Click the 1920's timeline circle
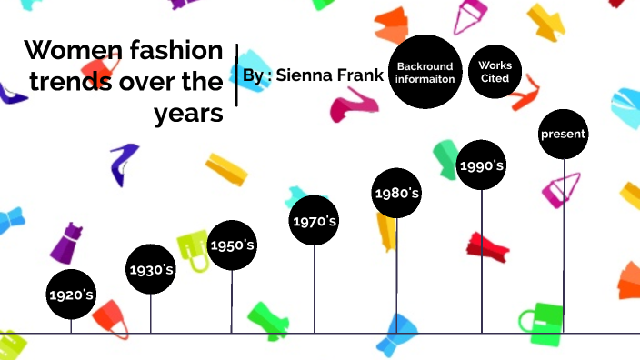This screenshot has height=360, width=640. click(x=71, y=295)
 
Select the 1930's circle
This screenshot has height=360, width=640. click(x=151, y=269)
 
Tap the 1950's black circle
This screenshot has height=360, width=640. click(x=233, y=245)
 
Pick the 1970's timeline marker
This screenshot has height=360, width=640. click(x=315, y=221)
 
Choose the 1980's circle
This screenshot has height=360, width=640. click(x=396, y=193)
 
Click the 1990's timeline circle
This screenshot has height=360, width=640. click(x=481, y=165)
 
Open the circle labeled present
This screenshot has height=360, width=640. click(x=564, y=134)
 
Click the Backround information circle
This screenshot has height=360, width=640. click(x=425, y=73)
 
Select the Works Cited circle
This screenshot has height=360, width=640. click(x=495, y=72)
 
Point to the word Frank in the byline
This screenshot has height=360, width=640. click(x=361, y=75)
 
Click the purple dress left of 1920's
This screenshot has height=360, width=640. click(x=65, y=245)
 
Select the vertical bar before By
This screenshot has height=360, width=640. click(x=236, y=75)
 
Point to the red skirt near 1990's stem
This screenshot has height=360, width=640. click(x=487, y=246)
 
